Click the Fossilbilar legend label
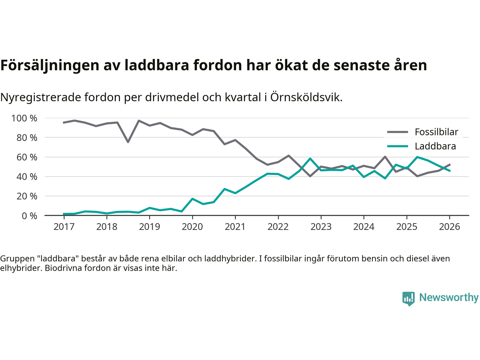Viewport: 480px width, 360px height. coord(436,132)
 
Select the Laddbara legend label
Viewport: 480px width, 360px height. coord(435,146)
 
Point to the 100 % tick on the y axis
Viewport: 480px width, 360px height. coord(24,118)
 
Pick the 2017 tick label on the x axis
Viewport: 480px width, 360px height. coord(64,227)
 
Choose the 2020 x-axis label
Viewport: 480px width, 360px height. coord(192,227)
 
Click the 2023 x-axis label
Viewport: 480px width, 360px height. coord(321,227)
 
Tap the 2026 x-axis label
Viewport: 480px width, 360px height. coord(449,227)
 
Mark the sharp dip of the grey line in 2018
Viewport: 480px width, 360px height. coord(128,142)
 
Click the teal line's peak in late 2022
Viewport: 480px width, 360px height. coord(310,159)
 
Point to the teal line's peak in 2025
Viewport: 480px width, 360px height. coord(417,157)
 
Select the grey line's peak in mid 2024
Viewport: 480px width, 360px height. coord(385,157)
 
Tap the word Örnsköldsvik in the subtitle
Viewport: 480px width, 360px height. coord(306,97)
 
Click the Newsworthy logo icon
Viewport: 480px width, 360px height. coord(408,298)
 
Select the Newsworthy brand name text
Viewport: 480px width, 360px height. coord(449,297)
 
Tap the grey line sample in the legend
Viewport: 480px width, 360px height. coord(397,132)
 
